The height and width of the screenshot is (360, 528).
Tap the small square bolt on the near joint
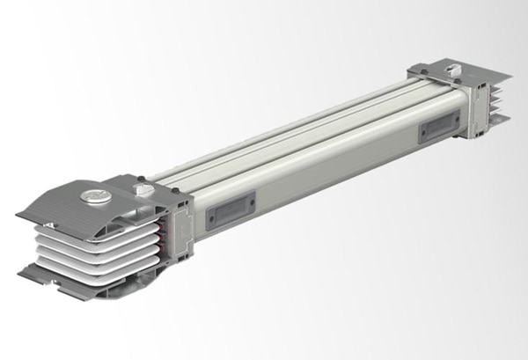pyautogui.click(x=140, y=187)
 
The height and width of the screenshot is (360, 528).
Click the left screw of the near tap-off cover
pyautogui.click(x=212, y=216)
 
